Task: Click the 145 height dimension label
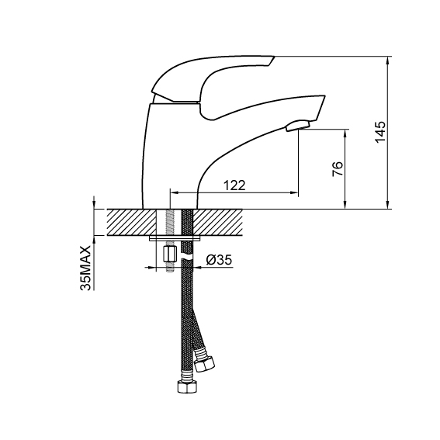(381, 132)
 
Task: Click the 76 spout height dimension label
(338, 168)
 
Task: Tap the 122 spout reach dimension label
(234, 185)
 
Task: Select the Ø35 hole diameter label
(219, 260)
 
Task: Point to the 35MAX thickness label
(86, 269)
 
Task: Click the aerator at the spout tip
(297, 126)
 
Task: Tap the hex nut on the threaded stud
(169, 255)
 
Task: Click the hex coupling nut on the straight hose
(187, 386)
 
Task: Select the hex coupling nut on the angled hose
(206, 363)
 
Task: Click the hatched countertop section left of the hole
(131, 222)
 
